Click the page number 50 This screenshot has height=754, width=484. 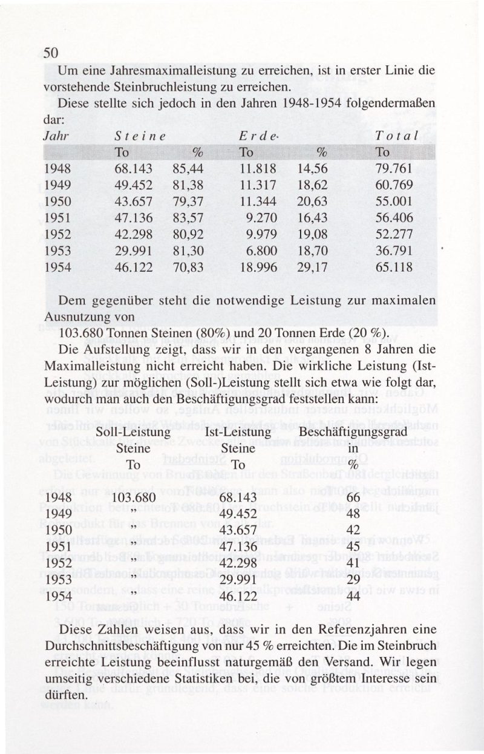(x=50, y=53)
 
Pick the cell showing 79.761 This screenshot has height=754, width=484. (x=394, y=166)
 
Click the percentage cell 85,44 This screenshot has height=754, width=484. (x=188, y=166)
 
